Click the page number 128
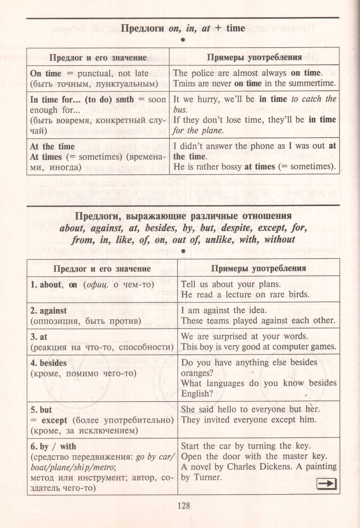[184, 506]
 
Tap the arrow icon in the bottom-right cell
[327, 484]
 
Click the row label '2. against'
[49, 311]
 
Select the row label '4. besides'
[49, 363]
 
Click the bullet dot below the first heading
[183, 40]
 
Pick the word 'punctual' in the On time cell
[95, 73]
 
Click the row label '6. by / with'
[53, 447]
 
